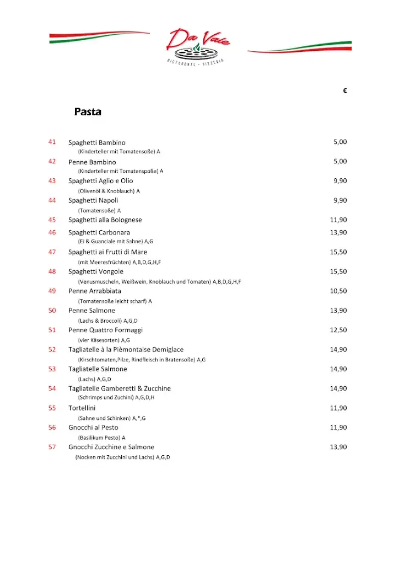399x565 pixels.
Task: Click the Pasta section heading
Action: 88,112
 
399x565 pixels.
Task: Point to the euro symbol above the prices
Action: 344,92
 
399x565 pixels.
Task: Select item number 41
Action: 52,142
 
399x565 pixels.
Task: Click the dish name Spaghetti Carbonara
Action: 99,232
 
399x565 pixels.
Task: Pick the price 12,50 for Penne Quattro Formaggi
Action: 338,330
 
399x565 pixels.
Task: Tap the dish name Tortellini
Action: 82,408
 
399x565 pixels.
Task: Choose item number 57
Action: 52,447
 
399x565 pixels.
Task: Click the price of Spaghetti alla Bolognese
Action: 338,220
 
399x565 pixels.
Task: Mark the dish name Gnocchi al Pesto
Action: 93,428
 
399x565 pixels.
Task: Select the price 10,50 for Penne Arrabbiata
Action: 338,291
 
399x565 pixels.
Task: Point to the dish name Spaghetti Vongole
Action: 96,271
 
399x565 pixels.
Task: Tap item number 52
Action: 52,349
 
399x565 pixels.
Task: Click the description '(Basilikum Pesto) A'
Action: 101,438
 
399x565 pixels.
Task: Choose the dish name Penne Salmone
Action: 91,311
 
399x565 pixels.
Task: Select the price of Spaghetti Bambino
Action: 340,142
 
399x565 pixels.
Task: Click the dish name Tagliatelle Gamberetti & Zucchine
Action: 120,388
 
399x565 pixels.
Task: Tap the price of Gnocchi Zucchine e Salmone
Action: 338,447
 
